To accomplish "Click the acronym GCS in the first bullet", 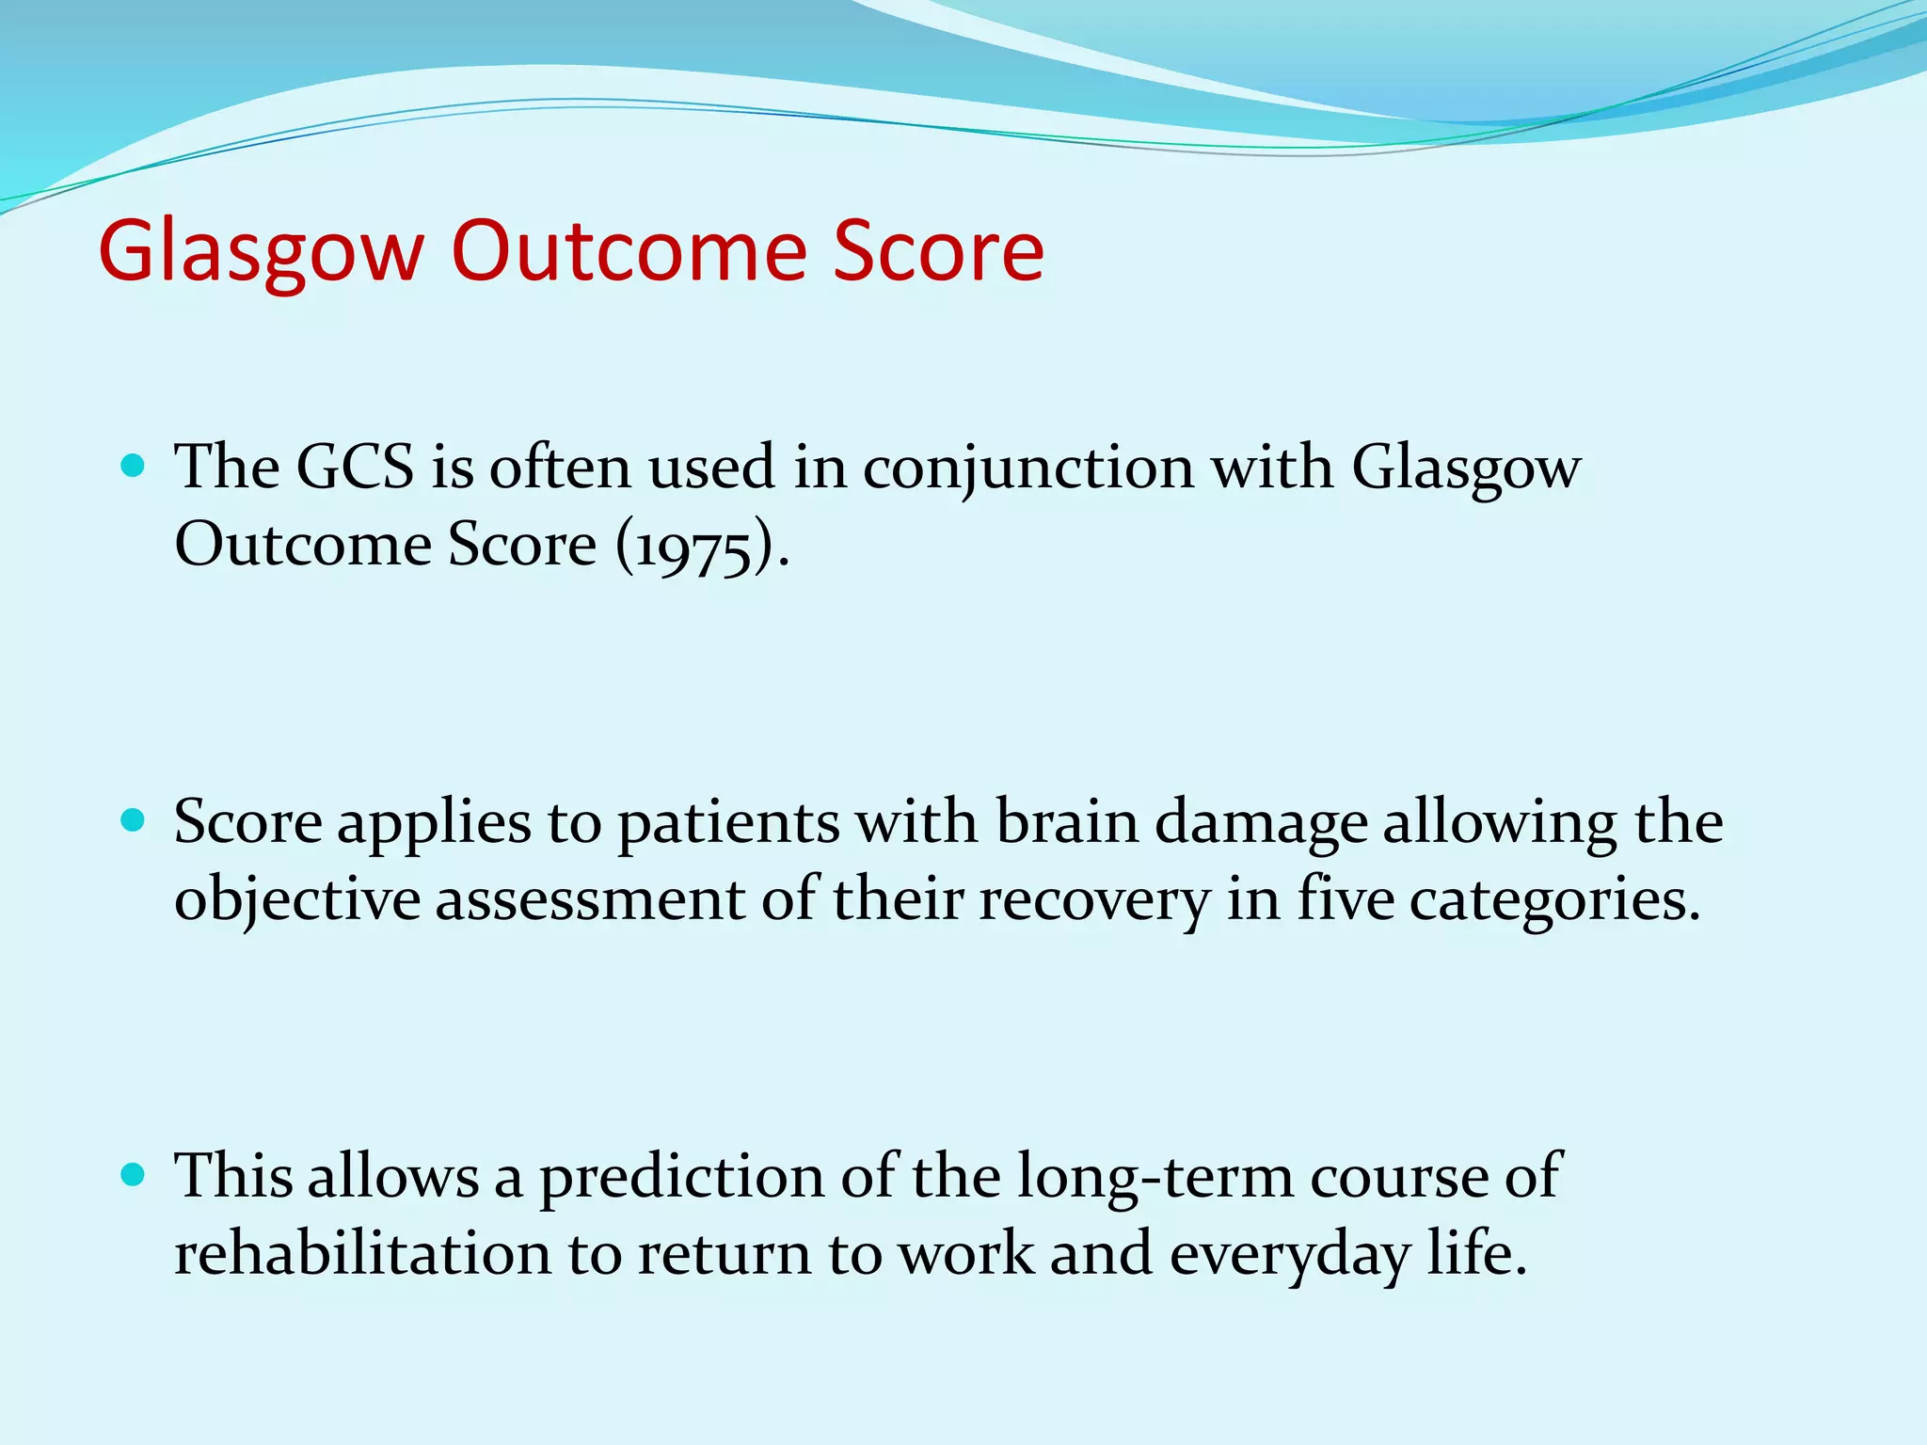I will point(355,467).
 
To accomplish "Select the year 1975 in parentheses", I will point(694,546).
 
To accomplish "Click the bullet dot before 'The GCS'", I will point(134,466).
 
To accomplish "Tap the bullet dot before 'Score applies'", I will point(134,820).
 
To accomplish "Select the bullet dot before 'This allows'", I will point(134,1175).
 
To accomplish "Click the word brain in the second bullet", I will point(1067,821).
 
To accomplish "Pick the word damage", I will point(1261,823).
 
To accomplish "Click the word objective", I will point(297,900).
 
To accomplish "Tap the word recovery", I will point(1094,900).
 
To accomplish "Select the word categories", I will point(1554,900).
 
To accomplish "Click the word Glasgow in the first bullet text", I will point(1466,468).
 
